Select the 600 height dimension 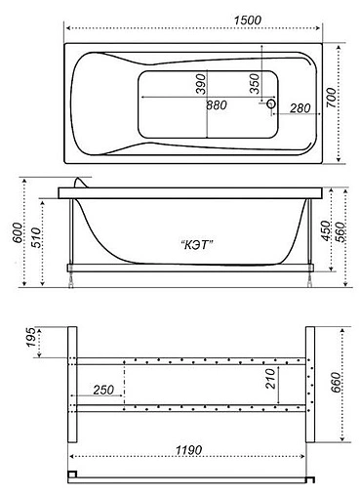(14, 232)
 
